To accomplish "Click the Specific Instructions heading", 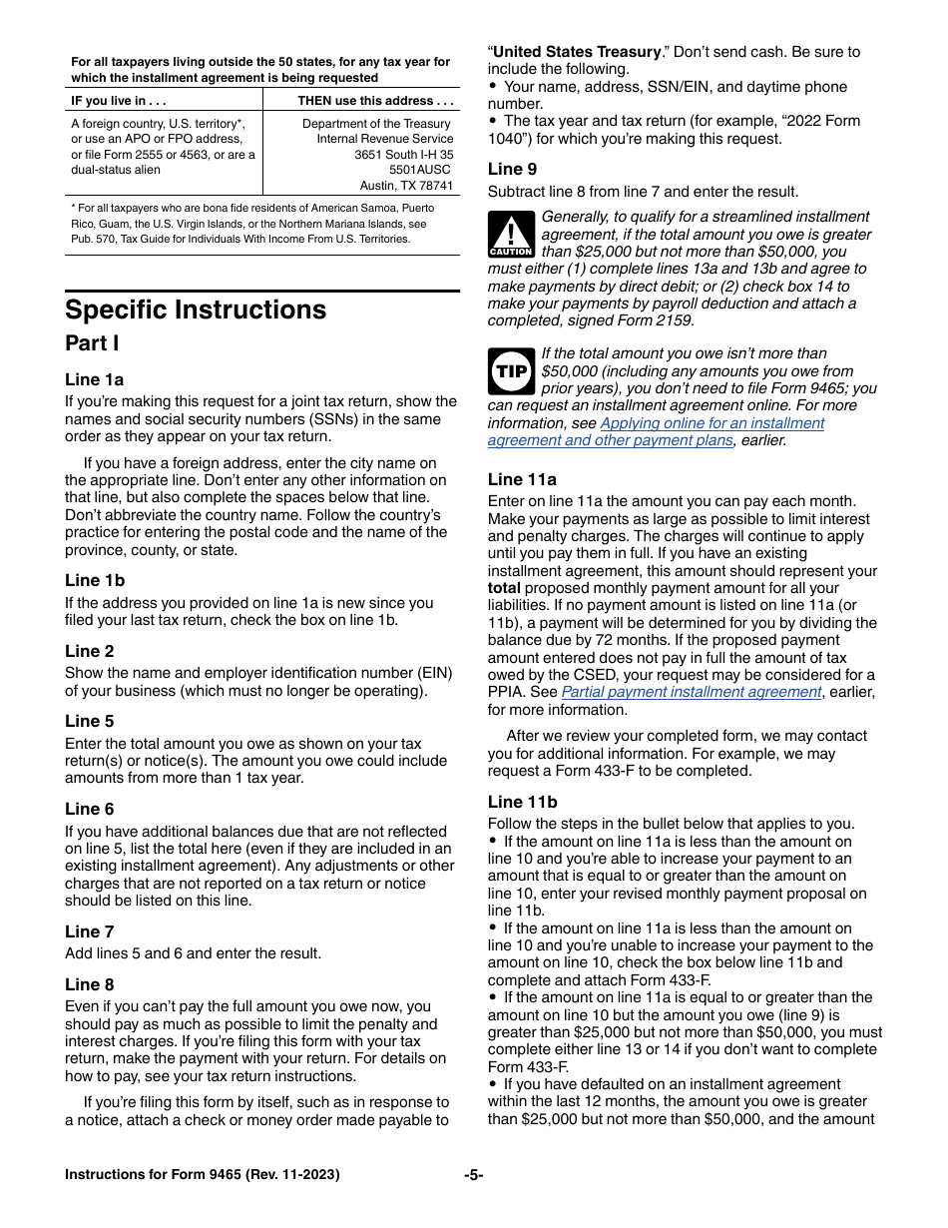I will click(196, 309).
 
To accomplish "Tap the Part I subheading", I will click(92, 343).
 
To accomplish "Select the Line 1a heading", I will click(95, 379).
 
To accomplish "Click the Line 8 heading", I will click(90, 984).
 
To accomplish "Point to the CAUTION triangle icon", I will click(510, 236).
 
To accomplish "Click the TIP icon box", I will click(510, 371).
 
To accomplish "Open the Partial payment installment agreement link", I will click(691, 692).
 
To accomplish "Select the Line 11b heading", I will click(522, 802).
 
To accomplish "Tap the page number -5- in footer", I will click(473, 1175).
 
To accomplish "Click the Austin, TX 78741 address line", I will click(406, 186).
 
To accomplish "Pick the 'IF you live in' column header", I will click(119, 101).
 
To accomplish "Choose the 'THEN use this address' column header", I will click(375, 101).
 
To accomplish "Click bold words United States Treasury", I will click(577, 52).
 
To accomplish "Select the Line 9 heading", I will click(512, 169).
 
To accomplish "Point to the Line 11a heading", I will click(522, 479).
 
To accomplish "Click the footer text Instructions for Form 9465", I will click(202, 1175).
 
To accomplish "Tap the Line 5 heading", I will click(90, 721).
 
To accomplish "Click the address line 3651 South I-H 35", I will click(403, 155).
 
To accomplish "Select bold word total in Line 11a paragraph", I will click(504, 588).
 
